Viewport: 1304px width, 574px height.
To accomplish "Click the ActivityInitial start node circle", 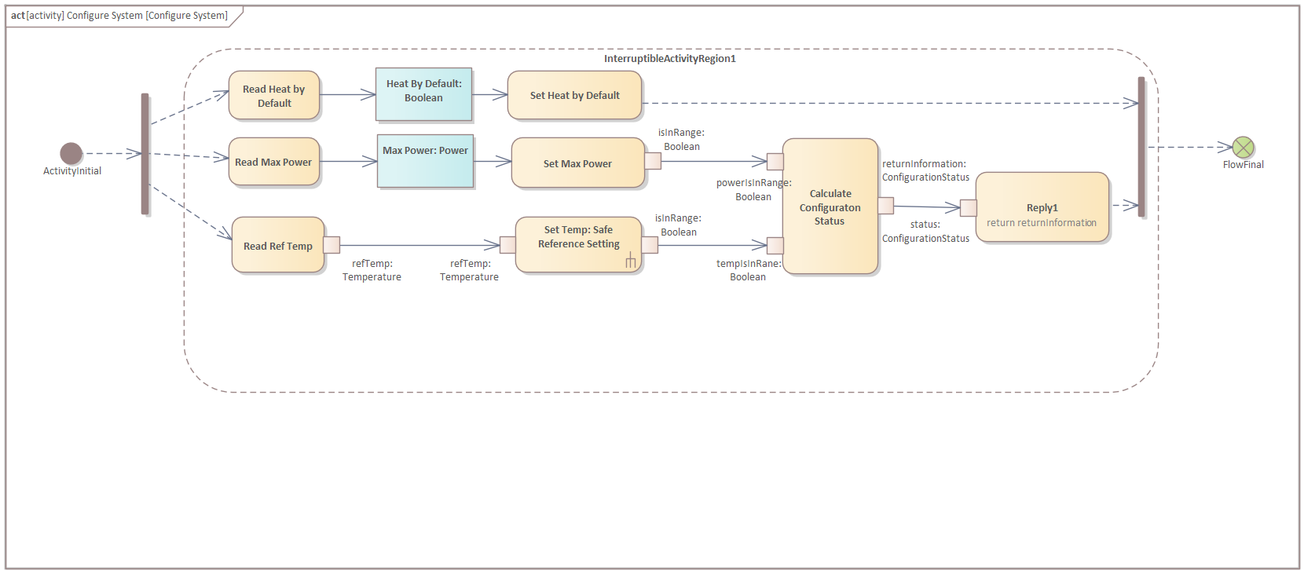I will tap(71, 153).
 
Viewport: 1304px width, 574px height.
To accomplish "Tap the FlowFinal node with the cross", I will tap(1243, 147).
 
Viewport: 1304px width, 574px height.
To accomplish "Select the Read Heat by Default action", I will tap(274, 96).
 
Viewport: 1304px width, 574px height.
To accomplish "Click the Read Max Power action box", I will tap(273, 162).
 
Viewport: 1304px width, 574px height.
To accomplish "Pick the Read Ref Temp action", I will tap(277, 246).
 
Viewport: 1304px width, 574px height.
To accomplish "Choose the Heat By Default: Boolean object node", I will tap(424, 94).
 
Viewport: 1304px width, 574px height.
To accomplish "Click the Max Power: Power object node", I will tap(425, 161).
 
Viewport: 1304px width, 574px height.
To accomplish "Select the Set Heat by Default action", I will tap(574, 96).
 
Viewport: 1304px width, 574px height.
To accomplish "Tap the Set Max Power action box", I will tap(577, 163).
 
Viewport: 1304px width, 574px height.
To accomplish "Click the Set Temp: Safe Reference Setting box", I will tap(578, 245).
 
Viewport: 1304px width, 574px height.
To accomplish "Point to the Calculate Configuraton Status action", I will tap(830, 207).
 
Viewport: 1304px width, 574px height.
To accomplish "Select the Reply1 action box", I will tap(1042, 208).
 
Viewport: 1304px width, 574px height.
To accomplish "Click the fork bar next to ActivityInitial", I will tap(145, 154).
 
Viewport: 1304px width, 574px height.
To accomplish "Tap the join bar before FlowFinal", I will tap(1141, 147).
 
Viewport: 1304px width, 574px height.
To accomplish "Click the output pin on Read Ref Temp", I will tap(331, 245).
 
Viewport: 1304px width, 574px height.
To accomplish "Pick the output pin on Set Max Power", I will tap(653, 161).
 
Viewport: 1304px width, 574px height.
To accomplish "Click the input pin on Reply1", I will tap(969, 208).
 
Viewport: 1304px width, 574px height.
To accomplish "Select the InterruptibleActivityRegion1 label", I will tap(669, 59).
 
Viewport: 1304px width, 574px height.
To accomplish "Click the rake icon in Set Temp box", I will tap(630, 261).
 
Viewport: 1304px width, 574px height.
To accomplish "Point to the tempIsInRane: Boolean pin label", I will tap(748, 270).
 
